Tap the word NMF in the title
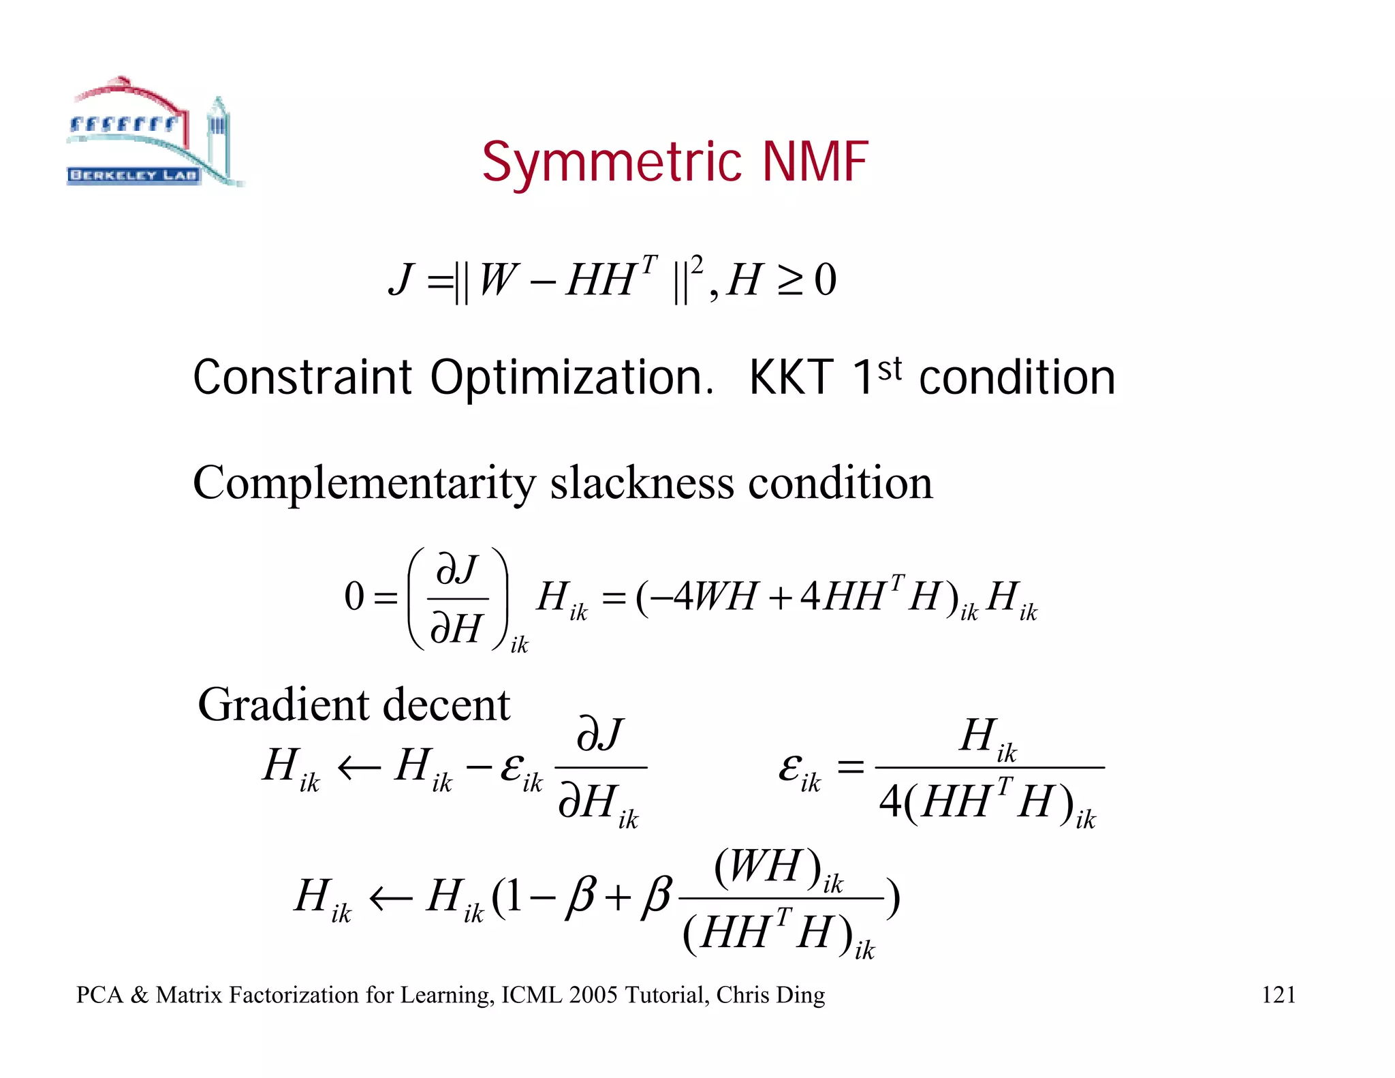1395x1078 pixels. coord(815,161)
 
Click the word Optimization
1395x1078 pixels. coord(571,378)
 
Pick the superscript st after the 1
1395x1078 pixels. coord(890,369)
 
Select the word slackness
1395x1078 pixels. coord(642,482)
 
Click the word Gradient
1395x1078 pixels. coord(284,705)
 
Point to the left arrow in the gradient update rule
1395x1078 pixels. coord(359,768)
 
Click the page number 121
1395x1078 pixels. coord(1278,995)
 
